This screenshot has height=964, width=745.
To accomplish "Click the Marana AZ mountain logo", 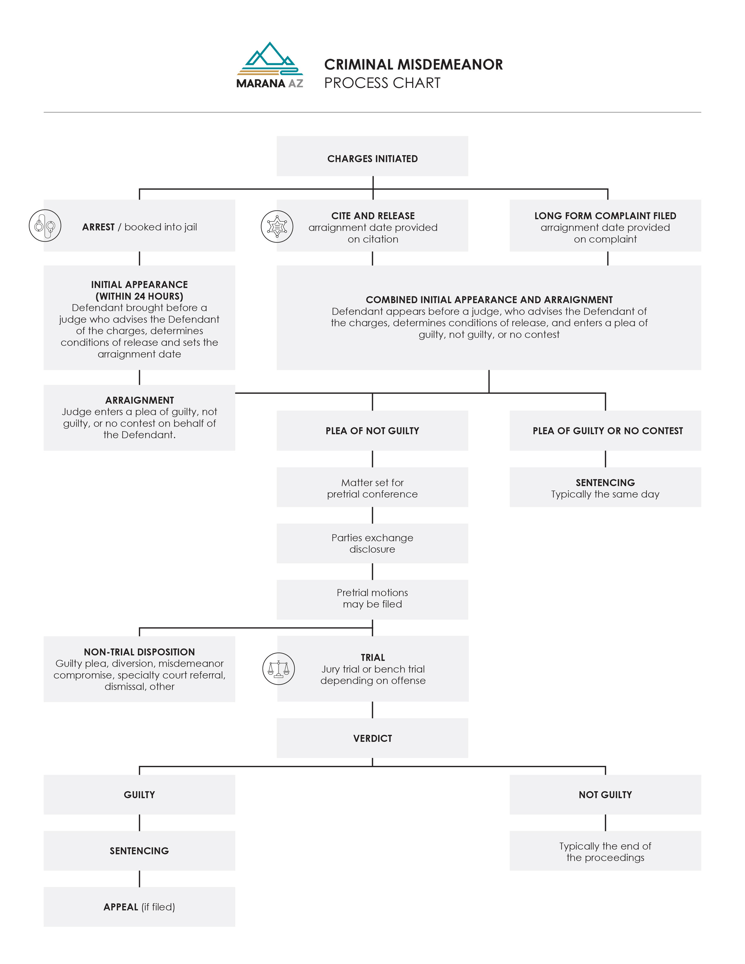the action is coord(270,65).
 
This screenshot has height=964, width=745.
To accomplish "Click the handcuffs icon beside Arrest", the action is coord(45,226).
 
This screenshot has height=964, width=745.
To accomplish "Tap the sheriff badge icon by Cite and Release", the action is coord(277,226).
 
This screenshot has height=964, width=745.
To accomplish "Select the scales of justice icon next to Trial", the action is coord(279,669).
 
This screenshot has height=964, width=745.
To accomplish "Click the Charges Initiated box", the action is coord(372,156).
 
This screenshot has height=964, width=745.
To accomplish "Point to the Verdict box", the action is coord(372,738).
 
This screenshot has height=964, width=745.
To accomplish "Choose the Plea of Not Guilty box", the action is coord(372,430).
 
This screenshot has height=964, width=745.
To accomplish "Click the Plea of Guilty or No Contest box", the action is coord(605,430).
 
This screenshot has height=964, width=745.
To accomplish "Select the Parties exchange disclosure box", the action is coord(372,543).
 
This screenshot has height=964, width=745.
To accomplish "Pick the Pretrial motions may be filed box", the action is coord(372,599).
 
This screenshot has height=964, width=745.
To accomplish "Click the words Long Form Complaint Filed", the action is coord(605,216).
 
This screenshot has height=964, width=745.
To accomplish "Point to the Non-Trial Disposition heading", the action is coord(139,652).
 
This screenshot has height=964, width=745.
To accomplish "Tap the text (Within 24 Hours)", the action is coord(139,296).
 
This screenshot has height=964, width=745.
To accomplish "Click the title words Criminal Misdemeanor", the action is coord(413,64).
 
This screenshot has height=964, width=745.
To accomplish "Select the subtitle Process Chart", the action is coord(382,83).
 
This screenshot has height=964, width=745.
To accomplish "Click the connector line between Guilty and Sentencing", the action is coord(139,823).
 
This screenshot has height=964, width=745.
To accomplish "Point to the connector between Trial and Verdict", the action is coord(372,710).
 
